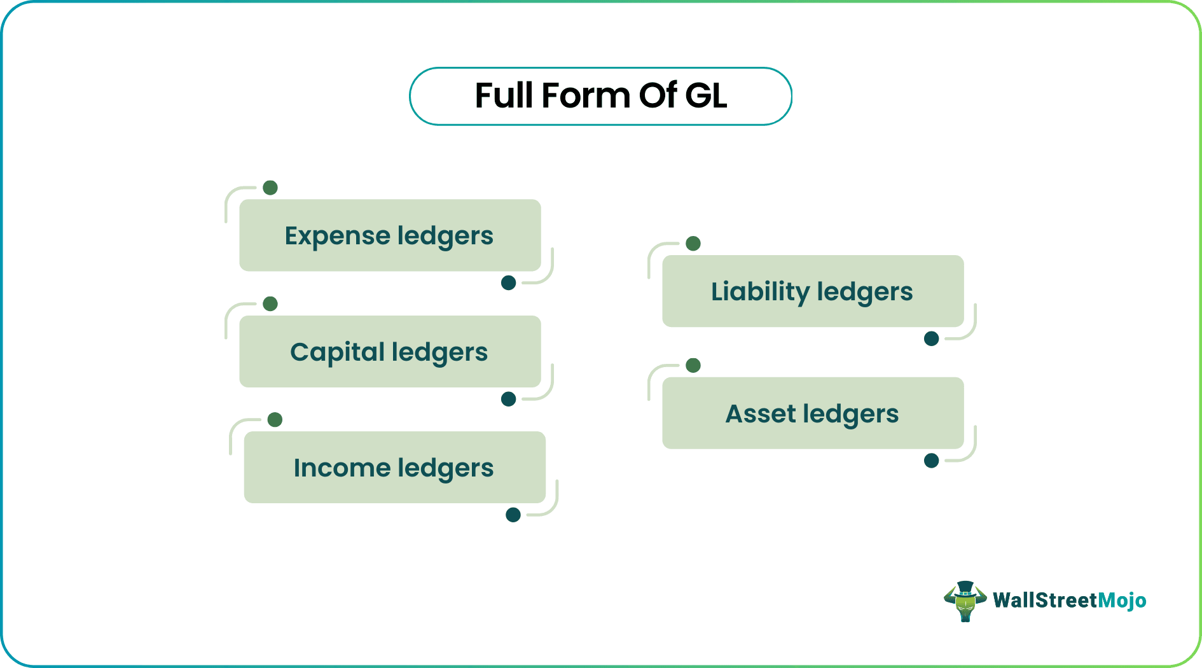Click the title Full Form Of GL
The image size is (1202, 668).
600,96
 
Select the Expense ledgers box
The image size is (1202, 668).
390,235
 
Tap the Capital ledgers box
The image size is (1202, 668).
390,352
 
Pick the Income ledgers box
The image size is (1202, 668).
394,468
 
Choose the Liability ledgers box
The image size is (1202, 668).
813,291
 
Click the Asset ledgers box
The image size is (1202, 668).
813,414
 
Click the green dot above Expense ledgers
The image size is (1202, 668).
270,188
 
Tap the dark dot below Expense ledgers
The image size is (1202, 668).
508,283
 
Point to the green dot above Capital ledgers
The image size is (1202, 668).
270,303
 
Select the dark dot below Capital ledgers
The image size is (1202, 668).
508,399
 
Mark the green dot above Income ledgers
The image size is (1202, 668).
275,420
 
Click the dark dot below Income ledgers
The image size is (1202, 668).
513,515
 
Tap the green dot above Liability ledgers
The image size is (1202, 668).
693,244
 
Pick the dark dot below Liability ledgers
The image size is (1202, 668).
931,338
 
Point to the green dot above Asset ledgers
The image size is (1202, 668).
693,365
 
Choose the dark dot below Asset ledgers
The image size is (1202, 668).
931,461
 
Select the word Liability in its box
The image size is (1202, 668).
760,292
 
